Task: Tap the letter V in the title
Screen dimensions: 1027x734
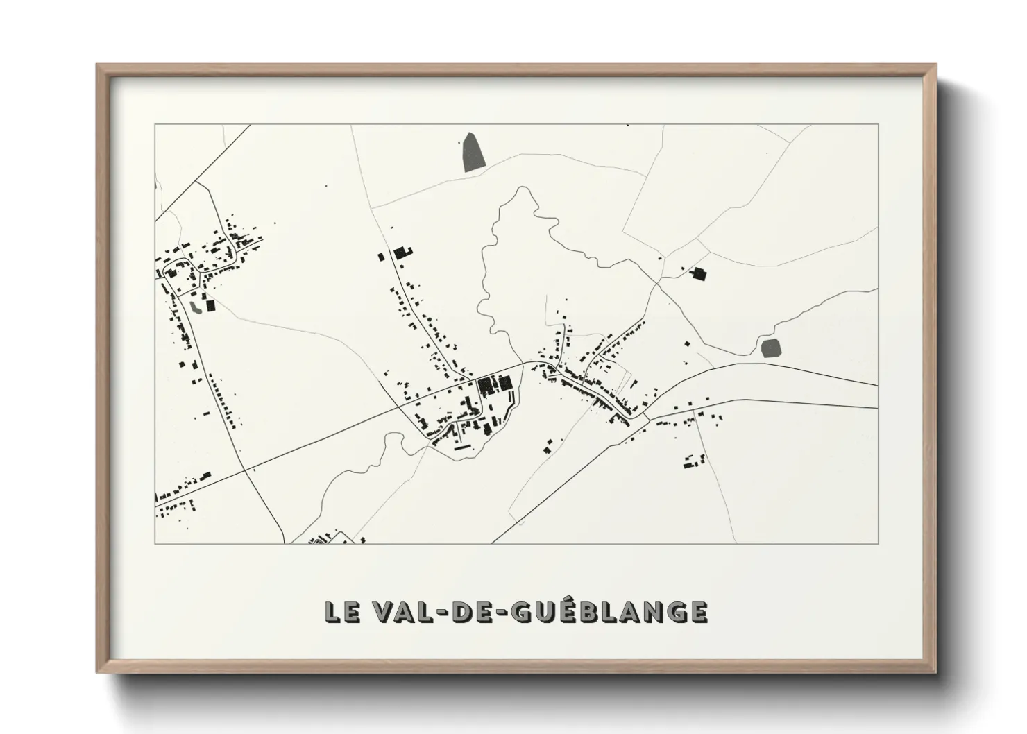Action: (382, 611)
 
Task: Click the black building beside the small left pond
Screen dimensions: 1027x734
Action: (210, 305)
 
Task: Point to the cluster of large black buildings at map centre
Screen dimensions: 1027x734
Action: (494, 384)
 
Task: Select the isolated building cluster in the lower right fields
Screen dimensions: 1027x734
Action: (695, 461)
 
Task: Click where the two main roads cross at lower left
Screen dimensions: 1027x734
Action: (245, 470)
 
